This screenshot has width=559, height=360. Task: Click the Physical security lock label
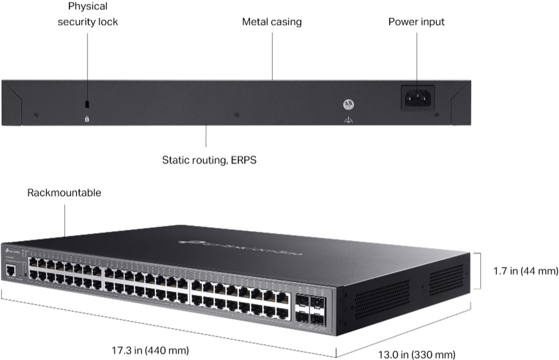(88, 14)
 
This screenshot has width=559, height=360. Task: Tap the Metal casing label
(272, 22)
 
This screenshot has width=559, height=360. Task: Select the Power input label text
(416, 22)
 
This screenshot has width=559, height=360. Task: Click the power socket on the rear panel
(418, 97)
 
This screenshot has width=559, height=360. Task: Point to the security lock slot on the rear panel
(87, 103)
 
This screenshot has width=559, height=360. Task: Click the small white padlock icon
(87, 119)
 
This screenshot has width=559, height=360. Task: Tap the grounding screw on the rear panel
(348, 104)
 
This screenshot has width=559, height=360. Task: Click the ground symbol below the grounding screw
(348, 121)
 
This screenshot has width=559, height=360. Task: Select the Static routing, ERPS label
(209, 160)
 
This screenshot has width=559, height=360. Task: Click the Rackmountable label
(64, 193)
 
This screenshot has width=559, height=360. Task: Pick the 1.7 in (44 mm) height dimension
(525, 271)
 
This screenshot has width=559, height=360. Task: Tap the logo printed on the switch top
(240, 247)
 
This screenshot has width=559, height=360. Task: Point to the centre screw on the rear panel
(237, 115)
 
